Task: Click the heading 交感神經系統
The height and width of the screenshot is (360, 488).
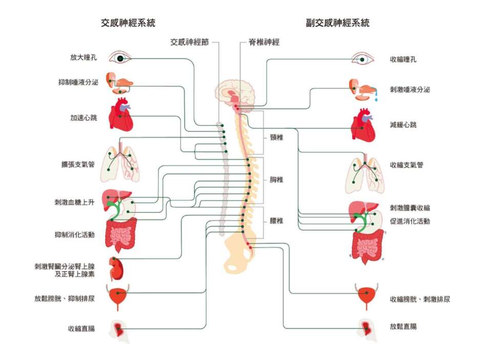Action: click(x=129, y=23)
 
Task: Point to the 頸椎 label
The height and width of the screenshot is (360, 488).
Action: click(x=277, y=137)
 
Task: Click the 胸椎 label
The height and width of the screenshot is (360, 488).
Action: click(x=277, y=180)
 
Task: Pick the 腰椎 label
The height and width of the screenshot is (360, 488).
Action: click(x=277, y=221)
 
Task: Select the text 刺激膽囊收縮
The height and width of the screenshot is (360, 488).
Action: click(x=410, y=207)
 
